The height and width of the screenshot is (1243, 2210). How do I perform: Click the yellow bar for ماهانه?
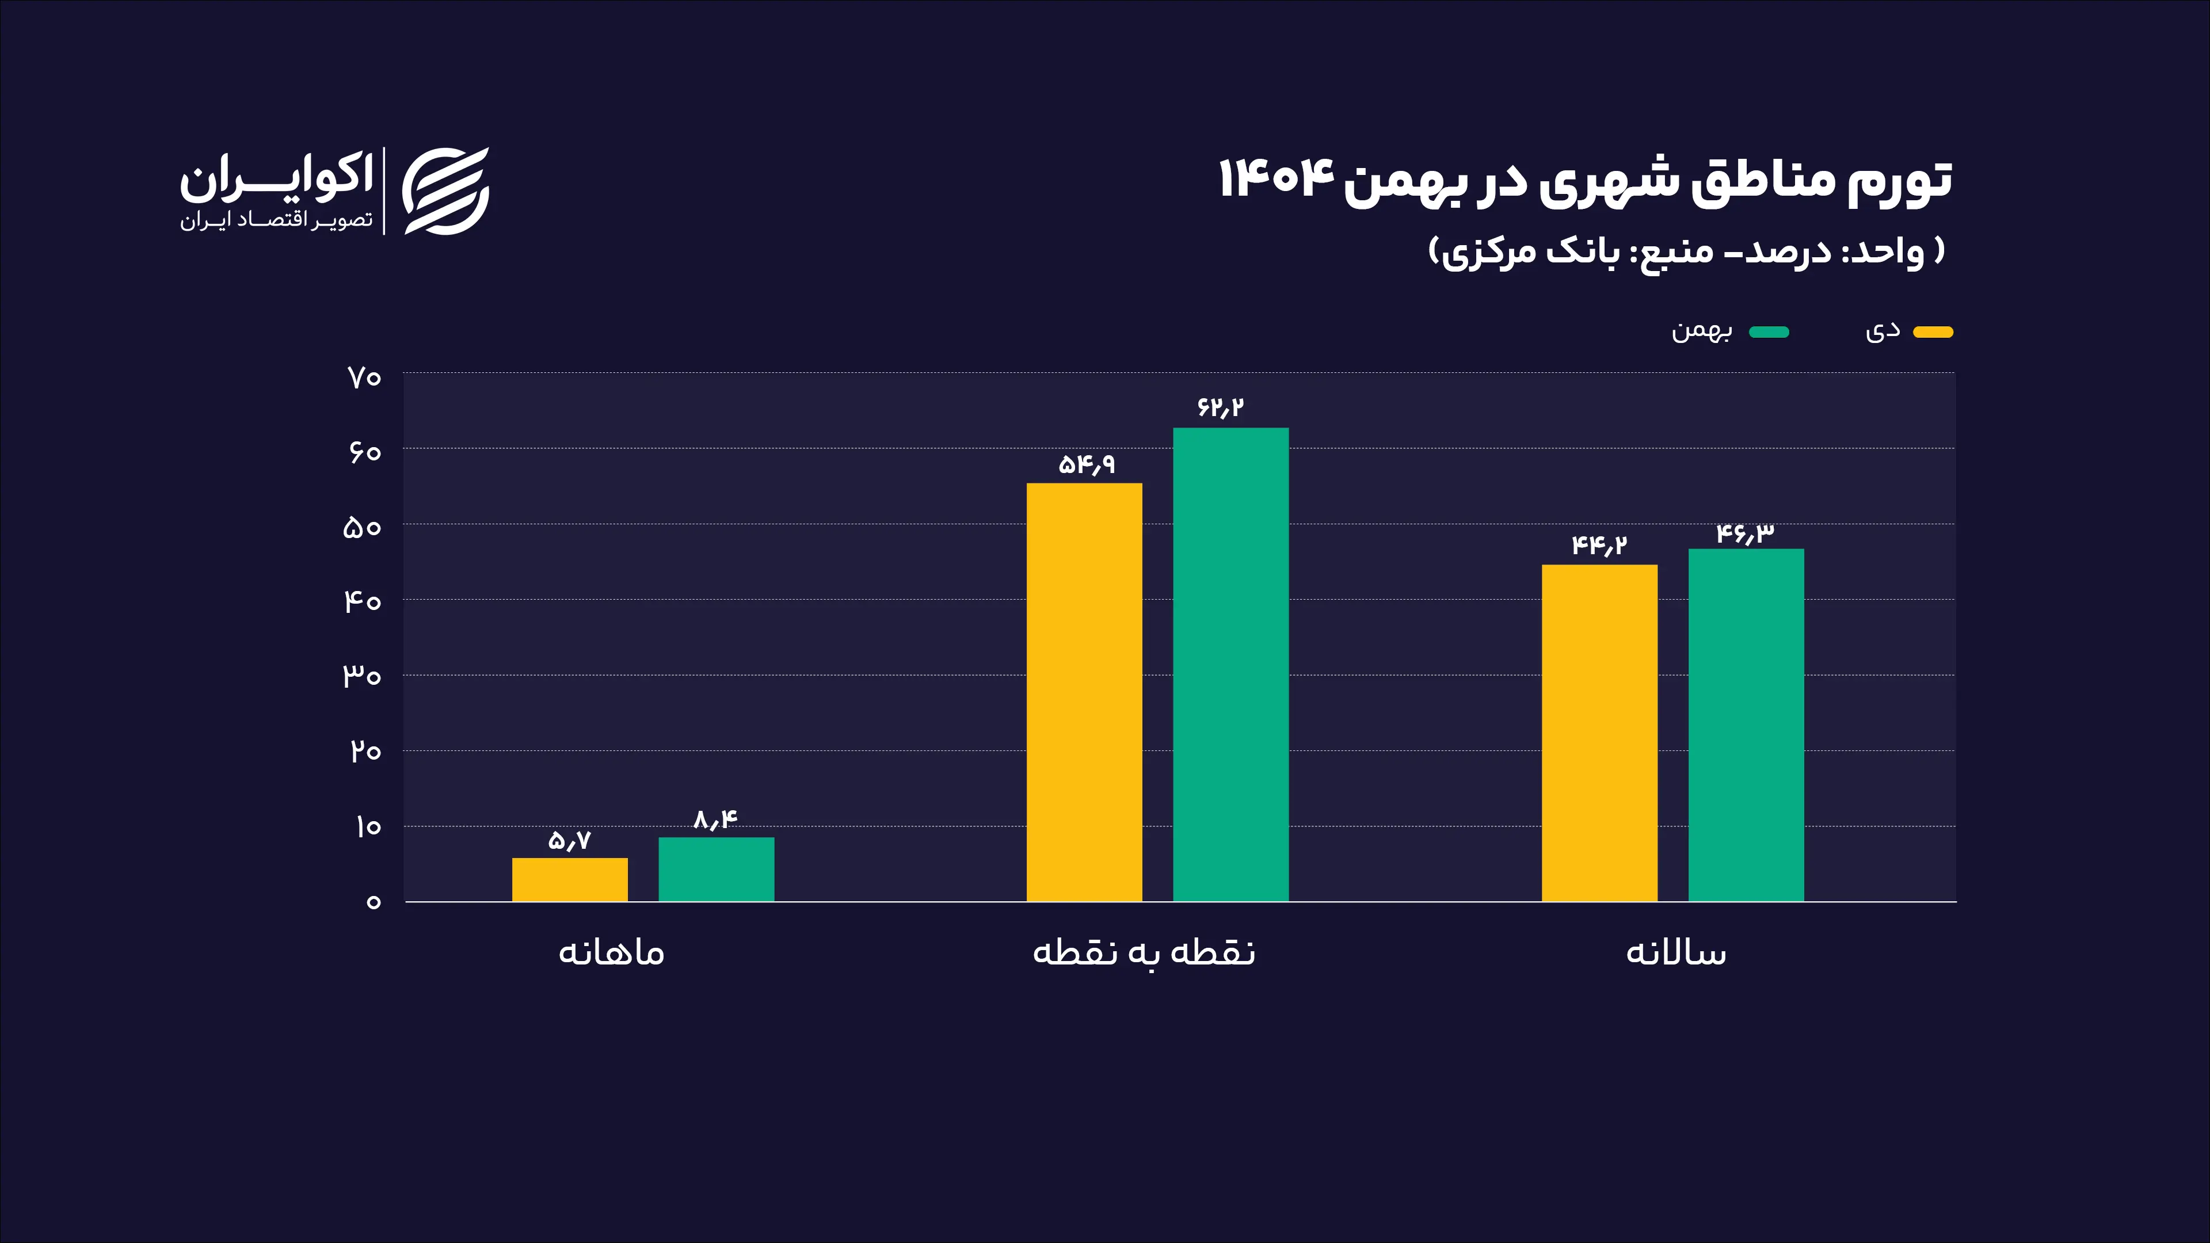click(570, 879)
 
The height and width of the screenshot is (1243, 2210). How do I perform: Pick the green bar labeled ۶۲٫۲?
click(1230, 664)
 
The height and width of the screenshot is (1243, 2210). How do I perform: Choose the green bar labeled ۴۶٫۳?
click(1746, 725)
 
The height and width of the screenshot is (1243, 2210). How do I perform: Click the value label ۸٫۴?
click(715, 820)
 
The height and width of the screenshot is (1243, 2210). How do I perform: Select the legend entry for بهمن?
click(1702, 331)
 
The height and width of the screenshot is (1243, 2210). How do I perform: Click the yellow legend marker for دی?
click(1933, 332)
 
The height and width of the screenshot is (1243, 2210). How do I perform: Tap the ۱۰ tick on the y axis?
click(367, 827)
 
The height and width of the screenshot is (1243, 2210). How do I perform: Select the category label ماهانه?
click(611, 952)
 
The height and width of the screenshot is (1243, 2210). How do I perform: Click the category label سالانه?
click(1675, 952)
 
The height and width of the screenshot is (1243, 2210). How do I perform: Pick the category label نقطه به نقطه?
click(1144, 952)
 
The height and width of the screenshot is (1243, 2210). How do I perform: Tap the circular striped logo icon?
click(445, 191)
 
